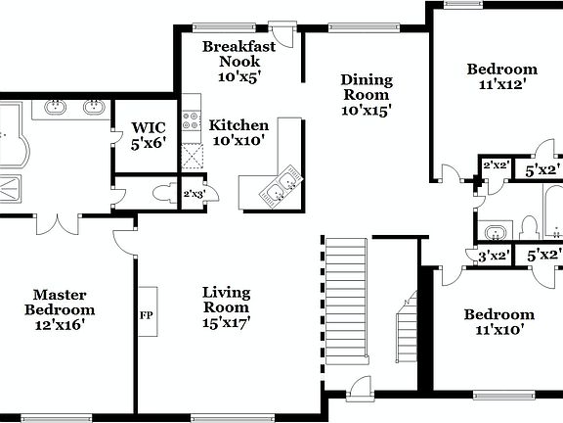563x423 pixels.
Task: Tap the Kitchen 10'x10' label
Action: tap(238, 133)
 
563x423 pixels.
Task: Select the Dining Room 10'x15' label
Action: tap(366, 96)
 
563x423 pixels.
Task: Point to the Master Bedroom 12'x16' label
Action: tap(61, 308)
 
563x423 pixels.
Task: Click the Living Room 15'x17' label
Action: tap(227, 306)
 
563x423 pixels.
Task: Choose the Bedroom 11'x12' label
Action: tap(501, 76)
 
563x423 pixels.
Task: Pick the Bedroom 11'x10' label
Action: tap(498, 322)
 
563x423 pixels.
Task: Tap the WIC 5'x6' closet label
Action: tap(150, 134)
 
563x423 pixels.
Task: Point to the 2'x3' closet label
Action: tap(194, 194)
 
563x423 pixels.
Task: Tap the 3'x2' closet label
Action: tap(494, 256)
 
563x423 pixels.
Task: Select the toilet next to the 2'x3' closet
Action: tap(165, 193)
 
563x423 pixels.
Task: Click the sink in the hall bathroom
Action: tap(496, 232)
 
